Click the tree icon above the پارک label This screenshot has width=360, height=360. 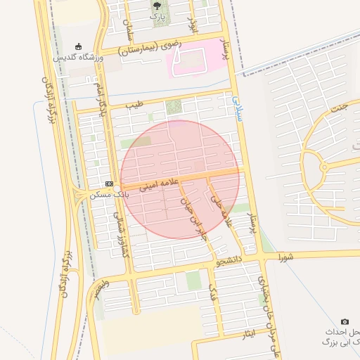[x=156, y=6]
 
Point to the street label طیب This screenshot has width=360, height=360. [x=134, y=105]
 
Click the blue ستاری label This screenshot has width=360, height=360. [x=238, y=109]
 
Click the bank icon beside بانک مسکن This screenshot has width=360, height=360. [x=109, y=183]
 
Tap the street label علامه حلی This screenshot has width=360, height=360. [x=223, y=210]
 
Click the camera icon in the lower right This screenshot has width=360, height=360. [x=345, y=321]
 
